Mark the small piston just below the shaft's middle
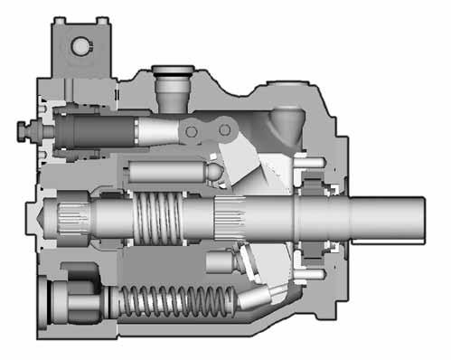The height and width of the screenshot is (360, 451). pos(220,263)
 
